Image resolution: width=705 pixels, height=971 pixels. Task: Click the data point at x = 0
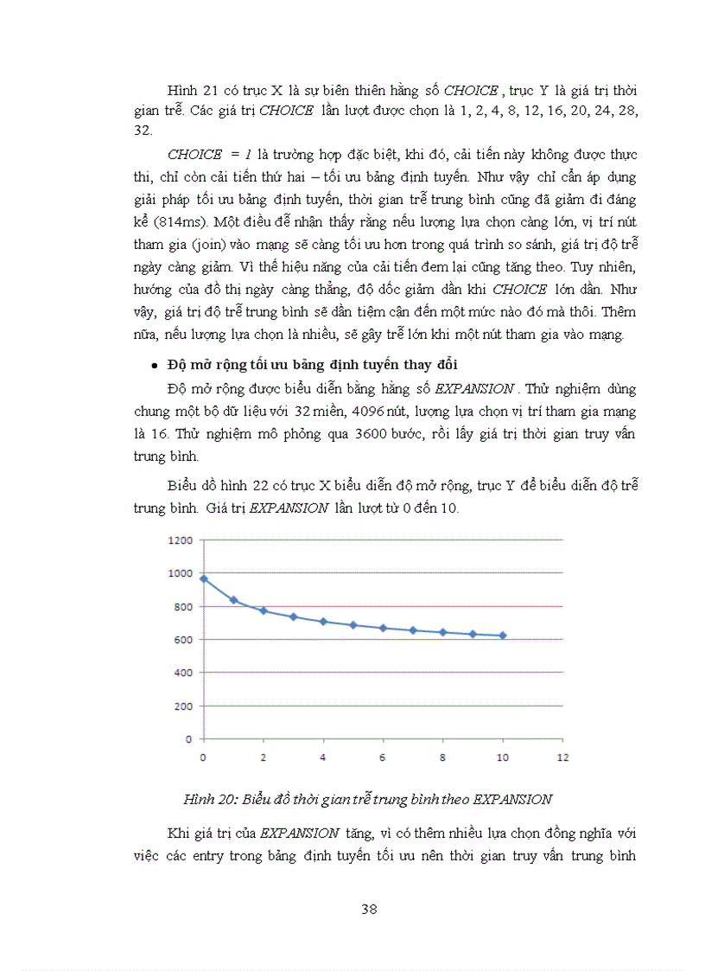(203, 578)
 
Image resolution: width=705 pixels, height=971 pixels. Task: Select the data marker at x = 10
(503, 636)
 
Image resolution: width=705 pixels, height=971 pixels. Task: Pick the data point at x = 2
(263, 610)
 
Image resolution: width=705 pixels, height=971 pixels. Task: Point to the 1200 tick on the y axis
(180, 540)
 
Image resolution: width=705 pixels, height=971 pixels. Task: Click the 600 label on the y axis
(182, 640)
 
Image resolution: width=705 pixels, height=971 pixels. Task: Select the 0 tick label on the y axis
(187, 739)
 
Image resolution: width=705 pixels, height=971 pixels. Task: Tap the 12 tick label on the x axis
(562, 757)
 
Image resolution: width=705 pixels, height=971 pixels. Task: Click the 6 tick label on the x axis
(383, 757)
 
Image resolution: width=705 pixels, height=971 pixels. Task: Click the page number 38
(369, 909)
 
